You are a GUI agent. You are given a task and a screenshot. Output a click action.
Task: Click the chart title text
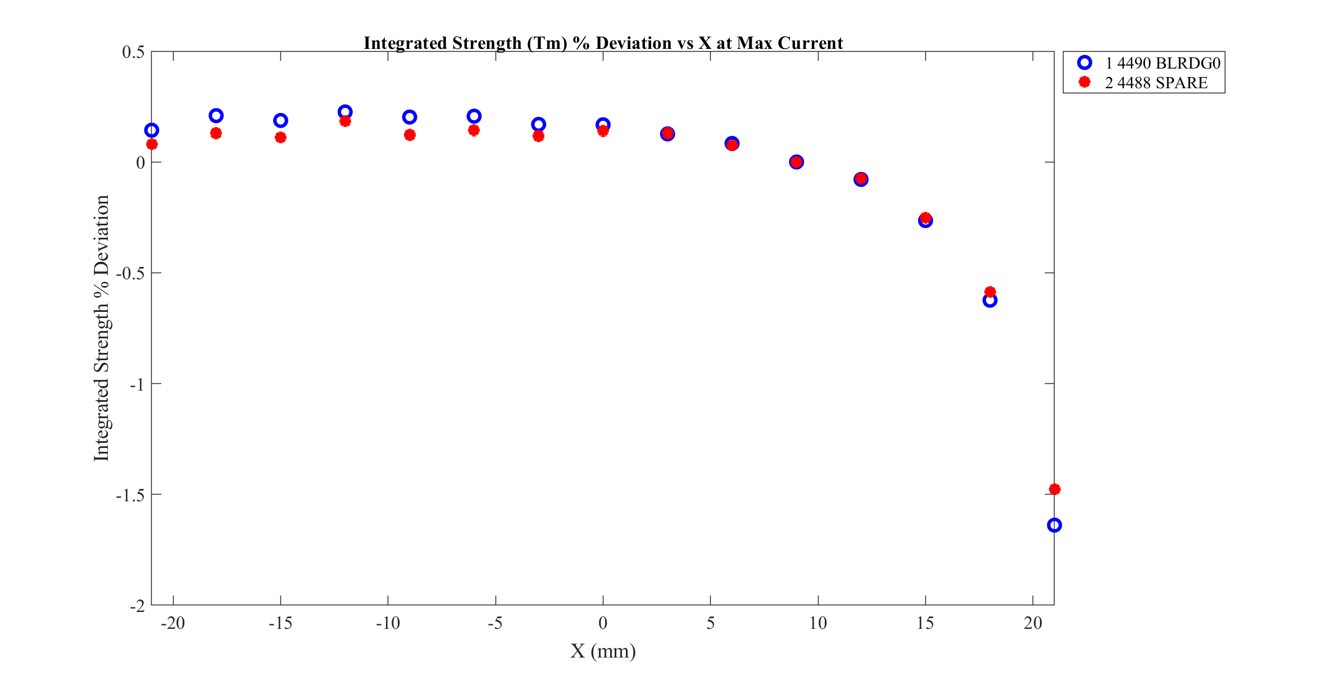pos(603,43)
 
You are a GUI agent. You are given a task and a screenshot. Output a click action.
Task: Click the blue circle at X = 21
pos(1054,525)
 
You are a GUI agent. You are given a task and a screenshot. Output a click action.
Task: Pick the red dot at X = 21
pos(1054,489)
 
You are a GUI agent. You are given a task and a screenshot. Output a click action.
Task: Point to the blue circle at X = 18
pos(990,300)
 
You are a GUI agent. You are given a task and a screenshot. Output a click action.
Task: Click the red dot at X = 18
pos(990,292)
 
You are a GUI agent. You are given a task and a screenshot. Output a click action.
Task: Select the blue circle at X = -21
pos(152,130)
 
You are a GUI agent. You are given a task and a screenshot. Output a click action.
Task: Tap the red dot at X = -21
pos(152,144)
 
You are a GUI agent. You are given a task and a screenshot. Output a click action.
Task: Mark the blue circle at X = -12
pos(345,112)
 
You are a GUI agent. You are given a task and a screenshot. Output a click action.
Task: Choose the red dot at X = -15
pos(280,137)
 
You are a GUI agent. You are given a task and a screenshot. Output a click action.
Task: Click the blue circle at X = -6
pos(474,116)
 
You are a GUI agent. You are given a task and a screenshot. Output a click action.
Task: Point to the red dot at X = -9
pos(410,135)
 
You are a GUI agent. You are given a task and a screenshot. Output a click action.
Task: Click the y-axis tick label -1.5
pos(130,495)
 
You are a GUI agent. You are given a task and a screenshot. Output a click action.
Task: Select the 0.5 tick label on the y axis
pos(133,52)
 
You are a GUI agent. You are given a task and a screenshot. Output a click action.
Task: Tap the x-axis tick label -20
pos(172,623)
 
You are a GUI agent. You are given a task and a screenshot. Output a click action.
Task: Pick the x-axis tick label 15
pos(925,623)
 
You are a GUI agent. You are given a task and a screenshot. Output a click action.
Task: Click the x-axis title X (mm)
pos(603,651)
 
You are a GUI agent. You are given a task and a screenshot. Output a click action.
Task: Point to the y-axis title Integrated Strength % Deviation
pos(102,328)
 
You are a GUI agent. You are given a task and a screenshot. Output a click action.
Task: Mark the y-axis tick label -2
pos(137,606)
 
